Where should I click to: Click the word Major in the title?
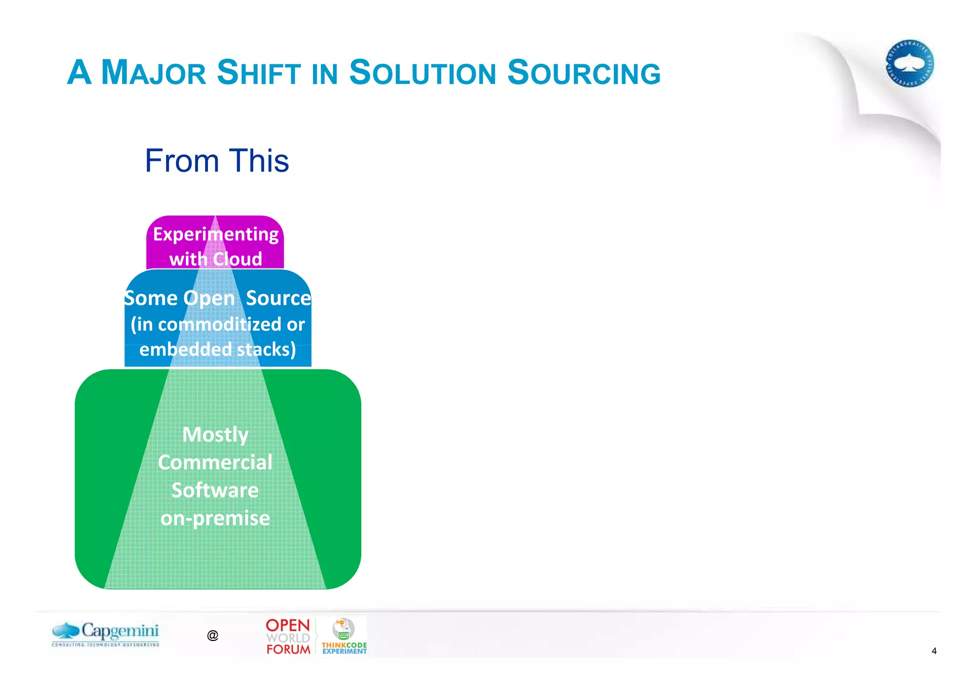tap(154, 73)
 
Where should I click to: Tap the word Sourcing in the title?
tap(583, 73)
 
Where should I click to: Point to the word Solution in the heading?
tap(423, 73)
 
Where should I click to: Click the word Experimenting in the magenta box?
tap(216, 235)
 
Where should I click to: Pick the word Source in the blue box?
tap(278, 299)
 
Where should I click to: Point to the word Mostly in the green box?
tap(215, 434)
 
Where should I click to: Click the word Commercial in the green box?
tap(215, 463)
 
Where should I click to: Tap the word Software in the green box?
tap(215, 490)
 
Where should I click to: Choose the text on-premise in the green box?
tap(215, 518)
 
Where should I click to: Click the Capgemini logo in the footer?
tap(106, 634)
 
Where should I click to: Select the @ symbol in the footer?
tap(213, 635)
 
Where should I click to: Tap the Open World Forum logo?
tap(288, 637)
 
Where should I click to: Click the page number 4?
tap(934, 651)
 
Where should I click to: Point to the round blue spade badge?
tap(909, 63)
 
